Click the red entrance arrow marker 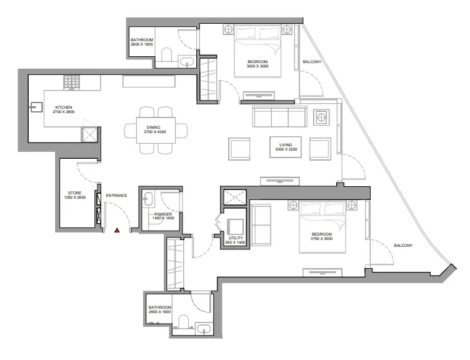click(117, 231)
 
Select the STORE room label click(75, 195)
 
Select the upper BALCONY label click(312, 62)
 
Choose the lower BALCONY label click(402, 245)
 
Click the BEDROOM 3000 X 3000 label click(257, 63)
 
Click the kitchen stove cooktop click(71, 82)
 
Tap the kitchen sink click(35, 107)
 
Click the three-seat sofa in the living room click(279, 117)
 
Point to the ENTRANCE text click(116, 196)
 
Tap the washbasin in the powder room click(147, 199)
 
